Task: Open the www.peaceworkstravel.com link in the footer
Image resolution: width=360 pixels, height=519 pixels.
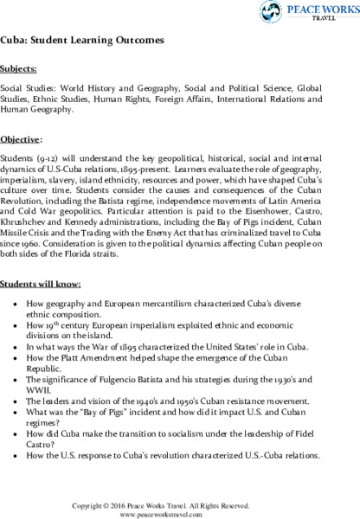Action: [x=179, y=511]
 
